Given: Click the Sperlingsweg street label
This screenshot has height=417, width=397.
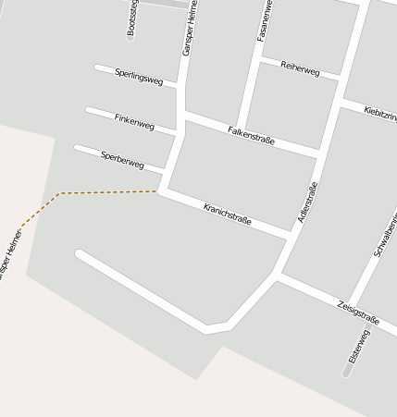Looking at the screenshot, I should [139, 77].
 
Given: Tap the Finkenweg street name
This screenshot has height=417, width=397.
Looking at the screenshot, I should [134, 120].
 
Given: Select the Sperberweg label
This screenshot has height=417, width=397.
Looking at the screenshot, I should [122, 159].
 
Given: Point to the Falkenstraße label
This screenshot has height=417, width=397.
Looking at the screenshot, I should [251, 136].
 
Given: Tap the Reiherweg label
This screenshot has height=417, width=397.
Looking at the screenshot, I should [300, 69].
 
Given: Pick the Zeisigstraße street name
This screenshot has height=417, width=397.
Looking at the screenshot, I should [358, 312].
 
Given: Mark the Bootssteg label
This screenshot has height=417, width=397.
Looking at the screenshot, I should [131, 17].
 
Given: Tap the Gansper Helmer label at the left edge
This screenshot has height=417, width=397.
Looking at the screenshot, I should [9, 254].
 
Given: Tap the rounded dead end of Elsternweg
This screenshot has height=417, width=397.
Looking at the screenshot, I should [347, 372].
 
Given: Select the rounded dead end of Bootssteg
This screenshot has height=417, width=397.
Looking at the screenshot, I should [130, 36].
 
